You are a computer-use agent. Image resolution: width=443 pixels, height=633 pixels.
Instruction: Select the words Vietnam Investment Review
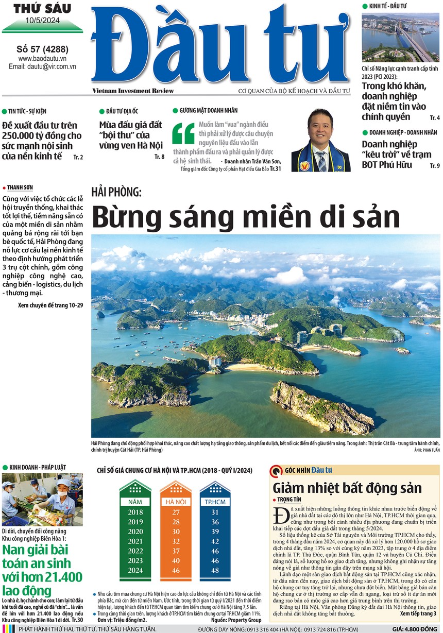pyautogui.click(x=133, y=91)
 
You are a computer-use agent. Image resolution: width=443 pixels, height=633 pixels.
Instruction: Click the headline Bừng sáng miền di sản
pyautogui.click(x=246, y=216)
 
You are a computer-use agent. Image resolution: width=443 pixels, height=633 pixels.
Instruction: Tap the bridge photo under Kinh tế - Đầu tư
pyautogui.click(x=400, y=38)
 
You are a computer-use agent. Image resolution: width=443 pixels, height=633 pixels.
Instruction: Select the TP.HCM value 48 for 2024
pyautogui.click(x=215, y=570)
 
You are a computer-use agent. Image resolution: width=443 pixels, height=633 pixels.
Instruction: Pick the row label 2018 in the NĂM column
pyautogui.click(x=135, y=512)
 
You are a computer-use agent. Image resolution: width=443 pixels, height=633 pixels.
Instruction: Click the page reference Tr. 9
pyautogui.click(x=434, y=165)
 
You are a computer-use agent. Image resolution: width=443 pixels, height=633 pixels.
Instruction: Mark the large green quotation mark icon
pyautogui.click(x=183, y=132)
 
